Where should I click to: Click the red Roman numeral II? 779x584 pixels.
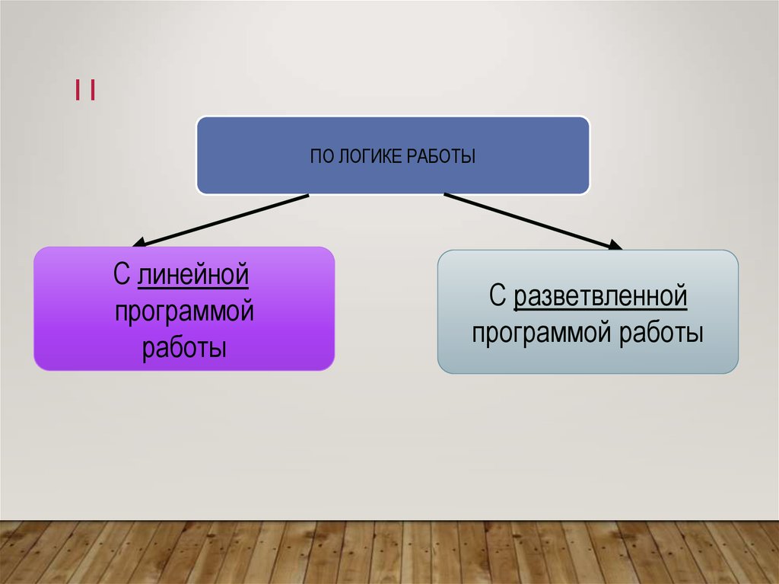[x=84, y=91]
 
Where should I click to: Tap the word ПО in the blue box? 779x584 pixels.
[x=320, y=157]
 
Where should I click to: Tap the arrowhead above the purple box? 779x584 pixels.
[x=141, y=243]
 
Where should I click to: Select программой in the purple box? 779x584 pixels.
[x=184, y=312]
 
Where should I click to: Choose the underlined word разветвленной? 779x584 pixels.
[x=600, y=296]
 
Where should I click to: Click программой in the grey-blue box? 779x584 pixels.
[x=542, y=333]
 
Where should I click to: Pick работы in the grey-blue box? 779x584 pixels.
[x=661, y=333]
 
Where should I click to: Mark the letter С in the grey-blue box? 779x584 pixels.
[x=498, y=296]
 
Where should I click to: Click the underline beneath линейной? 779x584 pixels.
[x=193, y=288]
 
